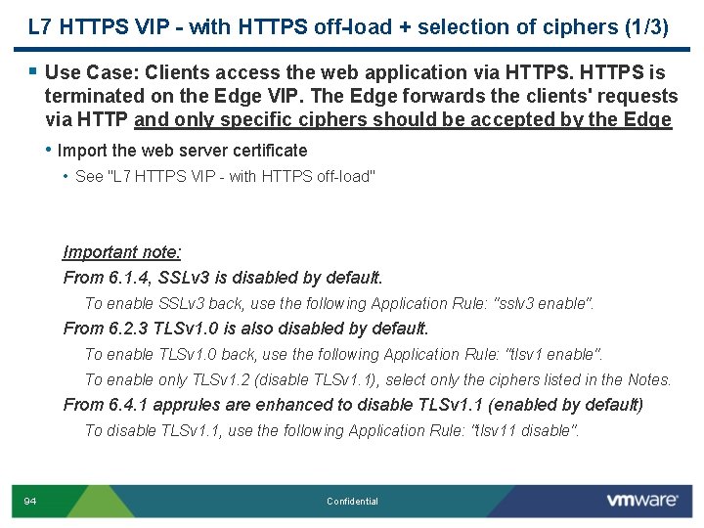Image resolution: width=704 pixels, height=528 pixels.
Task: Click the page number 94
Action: (x=30, y=502)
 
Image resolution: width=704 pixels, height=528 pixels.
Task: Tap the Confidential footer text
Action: (x=352, y=502)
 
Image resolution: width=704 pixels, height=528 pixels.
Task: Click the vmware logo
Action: (x=641, y=501)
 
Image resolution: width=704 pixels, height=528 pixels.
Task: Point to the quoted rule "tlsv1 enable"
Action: (x=554, y=355)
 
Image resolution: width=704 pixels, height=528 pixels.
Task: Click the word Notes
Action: (x=648, y=380)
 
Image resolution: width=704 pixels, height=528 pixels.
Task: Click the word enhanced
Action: (x=299, y=405)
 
